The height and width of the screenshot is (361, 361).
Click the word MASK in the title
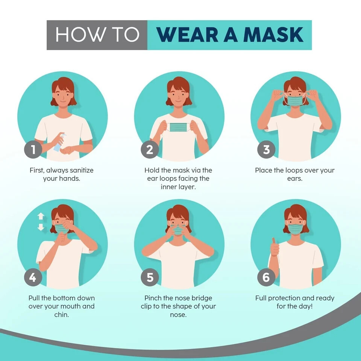click(x=273, y=35)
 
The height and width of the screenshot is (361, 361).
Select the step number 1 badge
click(x=33, y=150)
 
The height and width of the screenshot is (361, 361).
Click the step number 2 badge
click(x=150, y=150)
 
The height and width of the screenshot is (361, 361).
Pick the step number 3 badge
click(x=266, y=150)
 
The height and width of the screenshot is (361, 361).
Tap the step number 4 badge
click(x=33, y=278)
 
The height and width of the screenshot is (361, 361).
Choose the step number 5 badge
click(x=150, y=278)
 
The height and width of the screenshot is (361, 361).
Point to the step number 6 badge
click(x=266, y=278)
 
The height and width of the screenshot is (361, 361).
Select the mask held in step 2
click(x=179, y=127)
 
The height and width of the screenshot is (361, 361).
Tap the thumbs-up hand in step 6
click(x=275, y=247)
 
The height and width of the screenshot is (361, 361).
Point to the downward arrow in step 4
click(x=41, y=227)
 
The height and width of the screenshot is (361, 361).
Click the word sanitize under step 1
click(x=79, y=170)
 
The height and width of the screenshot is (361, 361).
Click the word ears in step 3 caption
click(x=294, y=179)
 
